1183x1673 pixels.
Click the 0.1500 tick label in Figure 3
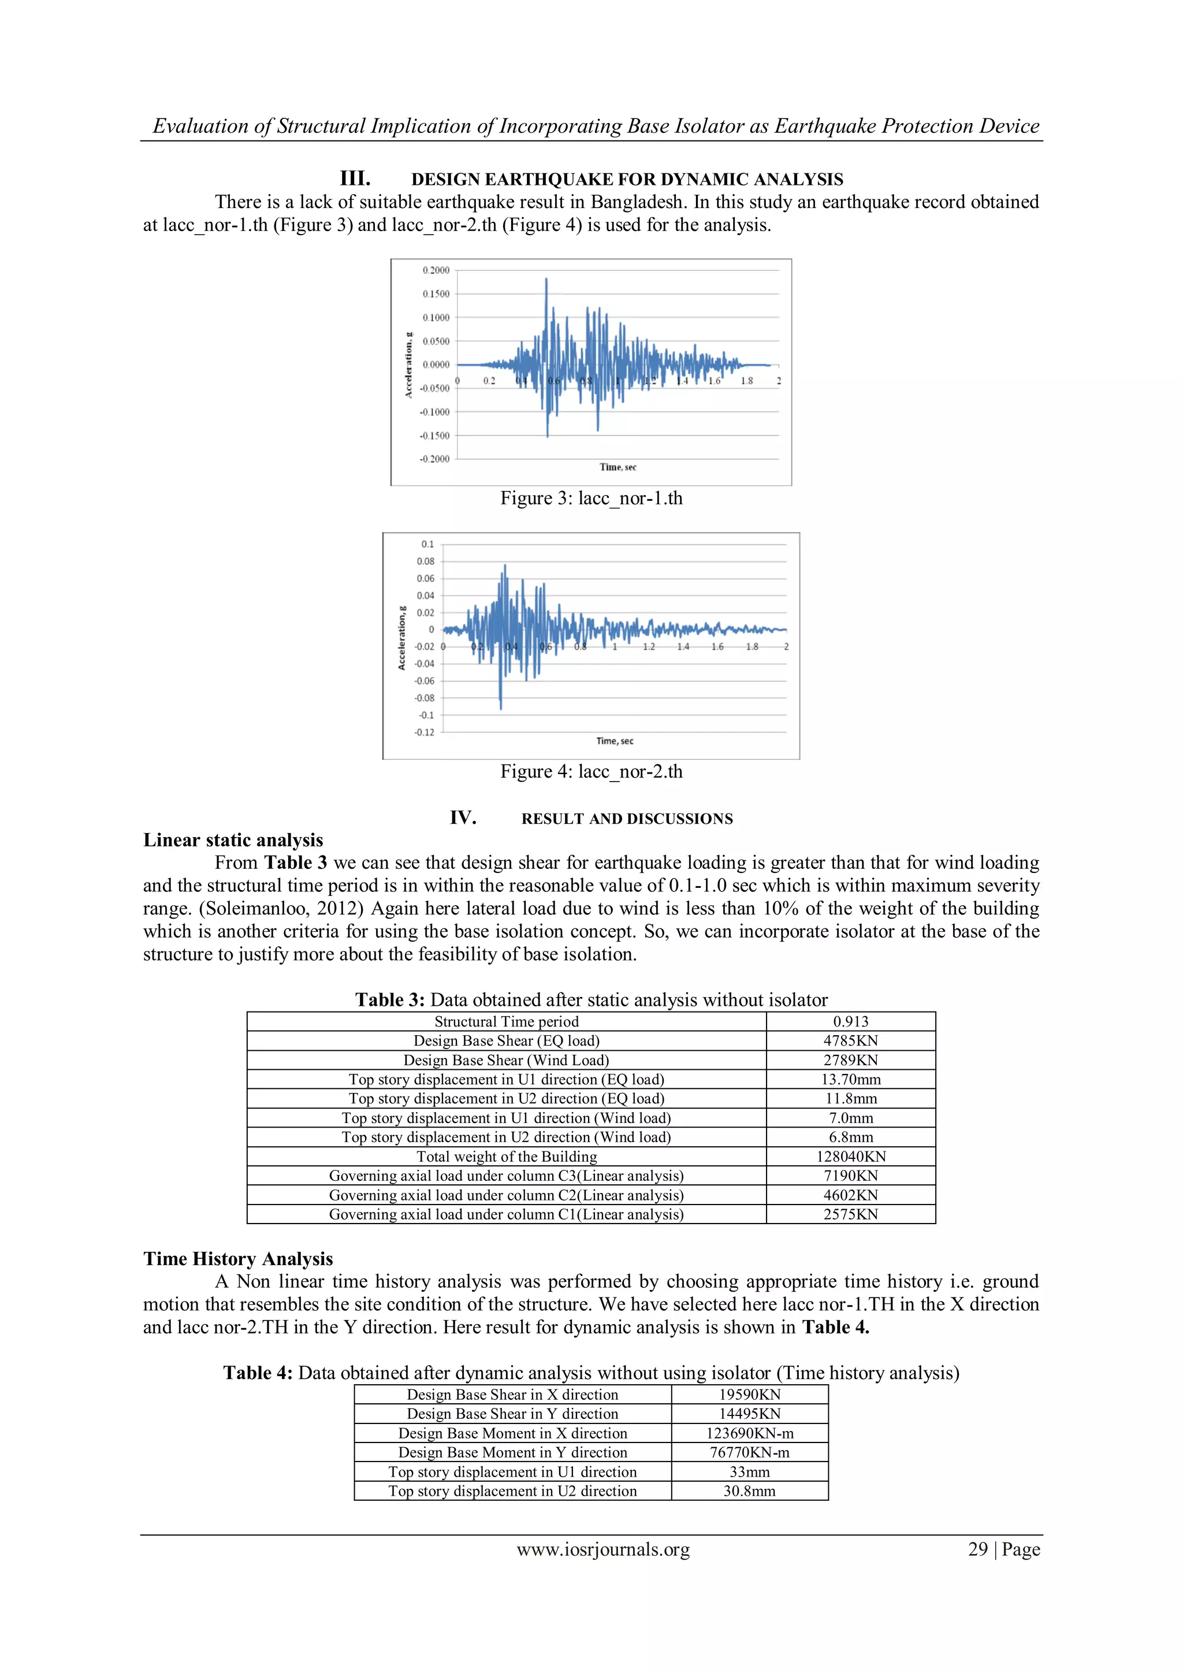436,293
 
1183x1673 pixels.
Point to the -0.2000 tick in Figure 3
434,459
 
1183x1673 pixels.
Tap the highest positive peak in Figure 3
546,280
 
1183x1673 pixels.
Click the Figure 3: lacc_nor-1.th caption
591,499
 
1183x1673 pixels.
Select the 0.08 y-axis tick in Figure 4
425,561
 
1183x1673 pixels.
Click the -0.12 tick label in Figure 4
424,733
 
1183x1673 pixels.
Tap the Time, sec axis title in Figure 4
614,741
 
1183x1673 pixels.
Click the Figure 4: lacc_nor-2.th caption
591,772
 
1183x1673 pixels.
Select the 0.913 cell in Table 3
850,1021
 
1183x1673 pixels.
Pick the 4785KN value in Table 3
850,1040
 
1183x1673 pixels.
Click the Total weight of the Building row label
506,1157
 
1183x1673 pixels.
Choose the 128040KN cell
850,1157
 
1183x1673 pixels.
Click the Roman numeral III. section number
355,179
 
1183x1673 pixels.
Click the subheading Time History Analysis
237,1259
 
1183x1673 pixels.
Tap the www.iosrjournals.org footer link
603,1550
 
